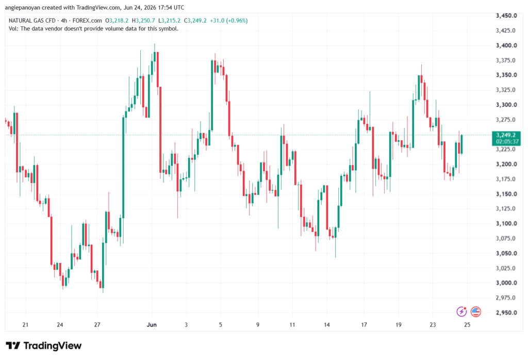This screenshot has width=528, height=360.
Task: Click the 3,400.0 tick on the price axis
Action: [506, 45]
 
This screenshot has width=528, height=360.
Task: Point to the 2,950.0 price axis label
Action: [506, 313]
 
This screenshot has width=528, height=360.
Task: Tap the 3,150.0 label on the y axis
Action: [506, 194]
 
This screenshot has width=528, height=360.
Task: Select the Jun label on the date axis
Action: [152, 324]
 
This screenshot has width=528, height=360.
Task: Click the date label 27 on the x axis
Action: [97, 324]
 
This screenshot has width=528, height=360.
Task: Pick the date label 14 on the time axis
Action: [326, 324]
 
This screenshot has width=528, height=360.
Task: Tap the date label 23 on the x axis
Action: [433, 324]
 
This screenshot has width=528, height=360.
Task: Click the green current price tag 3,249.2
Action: [507, 135]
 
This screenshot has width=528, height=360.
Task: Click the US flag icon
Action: [475, 312]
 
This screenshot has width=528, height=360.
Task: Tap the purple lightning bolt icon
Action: [461, 312]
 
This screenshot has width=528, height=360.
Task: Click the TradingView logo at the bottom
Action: [44, 346]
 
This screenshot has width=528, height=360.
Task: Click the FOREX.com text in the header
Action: [87, 21]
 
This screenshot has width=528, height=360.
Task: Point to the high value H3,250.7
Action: [143, 21]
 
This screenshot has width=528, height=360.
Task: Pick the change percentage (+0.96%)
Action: [237, 21]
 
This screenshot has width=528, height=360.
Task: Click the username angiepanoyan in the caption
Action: [22, 7]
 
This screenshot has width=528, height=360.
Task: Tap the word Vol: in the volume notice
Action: [13, 29]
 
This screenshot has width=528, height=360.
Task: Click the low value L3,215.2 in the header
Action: [169, 21]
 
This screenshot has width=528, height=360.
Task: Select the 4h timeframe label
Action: [64, 21]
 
